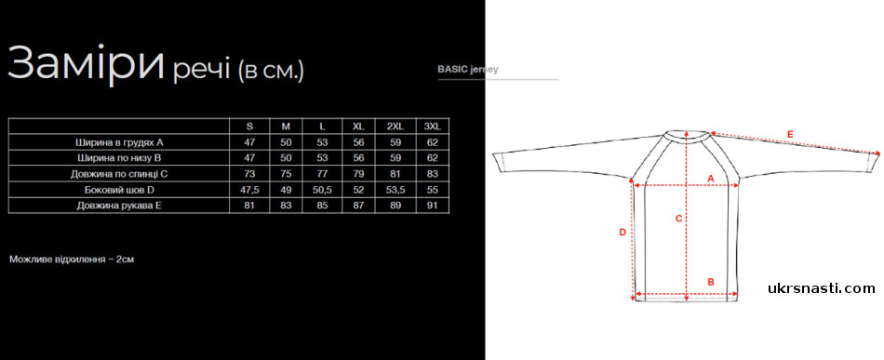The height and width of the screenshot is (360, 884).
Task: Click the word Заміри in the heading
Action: coord(87,62)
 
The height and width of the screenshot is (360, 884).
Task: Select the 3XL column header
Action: coord(432,127)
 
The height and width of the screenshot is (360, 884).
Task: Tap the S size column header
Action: coord(249,127)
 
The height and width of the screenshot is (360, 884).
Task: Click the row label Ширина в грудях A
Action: coord(119,142)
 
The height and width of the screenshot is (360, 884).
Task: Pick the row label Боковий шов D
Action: coord(119,190)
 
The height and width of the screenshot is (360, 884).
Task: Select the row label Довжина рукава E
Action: coord(119,206)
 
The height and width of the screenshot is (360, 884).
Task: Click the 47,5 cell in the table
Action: coord(249,190)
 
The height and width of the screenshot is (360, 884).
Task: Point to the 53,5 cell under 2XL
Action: coord(395,190)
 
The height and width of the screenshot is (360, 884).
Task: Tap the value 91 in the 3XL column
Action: coord(432,206)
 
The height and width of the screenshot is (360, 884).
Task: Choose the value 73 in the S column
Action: coord(249,174)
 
